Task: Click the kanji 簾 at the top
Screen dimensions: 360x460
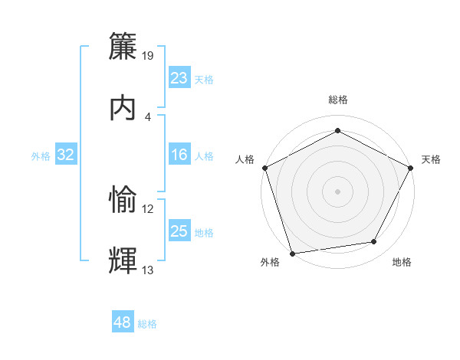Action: [x=123, y=47]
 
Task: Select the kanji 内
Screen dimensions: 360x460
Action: [x=123, y=107]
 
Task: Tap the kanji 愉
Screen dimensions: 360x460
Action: [x=123, y=200]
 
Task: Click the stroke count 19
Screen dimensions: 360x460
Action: [x=149, y=55]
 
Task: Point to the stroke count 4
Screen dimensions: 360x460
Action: [x=148, y=116]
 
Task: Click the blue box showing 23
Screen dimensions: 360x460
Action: [x=179, y=78]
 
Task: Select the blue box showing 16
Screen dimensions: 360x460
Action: [x=179, y=155]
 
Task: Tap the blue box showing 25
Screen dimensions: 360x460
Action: [x=179, y=232]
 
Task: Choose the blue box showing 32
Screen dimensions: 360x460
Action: [x=66, y=155]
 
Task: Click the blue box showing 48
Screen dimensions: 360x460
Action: [x=122, y=322]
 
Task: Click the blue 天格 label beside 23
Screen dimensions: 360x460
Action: [x=203, y=80]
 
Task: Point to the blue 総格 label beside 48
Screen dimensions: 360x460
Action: [x=147, y=324]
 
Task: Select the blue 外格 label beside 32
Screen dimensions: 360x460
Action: [x=41, y=156]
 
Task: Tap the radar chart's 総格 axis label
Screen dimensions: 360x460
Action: [x=337, y=100]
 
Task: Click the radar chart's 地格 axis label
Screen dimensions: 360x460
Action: [x=402, y=262]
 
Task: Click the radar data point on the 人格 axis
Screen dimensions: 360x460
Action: [x=264, y=167]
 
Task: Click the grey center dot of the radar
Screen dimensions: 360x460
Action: [x=337, y=191]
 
